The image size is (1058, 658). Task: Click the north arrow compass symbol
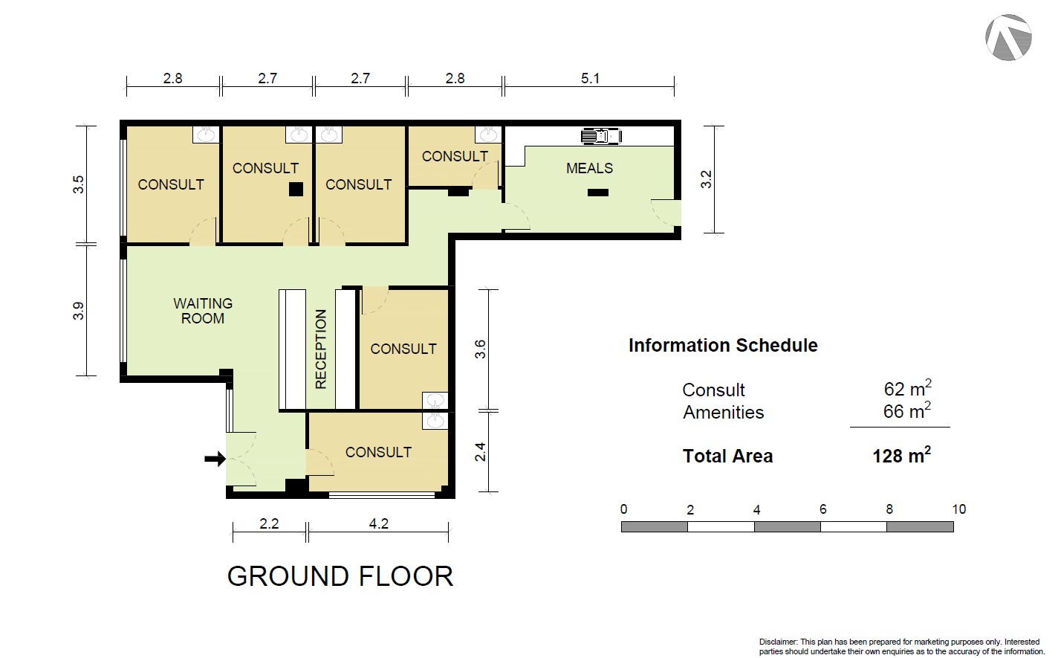click(1008, 37)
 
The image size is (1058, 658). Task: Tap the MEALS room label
click(589, 168)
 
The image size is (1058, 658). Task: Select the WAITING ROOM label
click(203, 311)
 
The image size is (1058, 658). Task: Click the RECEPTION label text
click(321, 349)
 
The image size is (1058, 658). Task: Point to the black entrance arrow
click(215, 458)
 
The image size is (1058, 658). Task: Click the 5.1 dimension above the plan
click(590, 78)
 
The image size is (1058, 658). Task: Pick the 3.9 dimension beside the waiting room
click(79, 311)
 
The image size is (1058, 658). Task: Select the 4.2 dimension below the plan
click(378, 523)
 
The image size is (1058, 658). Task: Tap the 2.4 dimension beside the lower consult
click(480, 451)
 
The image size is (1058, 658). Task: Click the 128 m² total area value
click(902, 455)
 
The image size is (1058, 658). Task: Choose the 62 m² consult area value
click(908, 388)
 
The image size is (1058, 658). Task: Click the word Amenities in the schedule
click(723, 412)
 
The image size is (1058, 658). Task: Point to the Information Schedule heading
click(723, 345)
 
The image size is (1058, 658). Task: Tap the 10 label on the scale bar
click(958, 509)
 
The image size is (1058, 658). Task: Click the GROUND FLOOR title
click(340, 576)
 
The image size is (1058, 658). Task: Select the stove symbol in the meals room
click(601, 136)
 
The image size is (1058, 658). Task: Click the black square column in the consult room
click(296, 189)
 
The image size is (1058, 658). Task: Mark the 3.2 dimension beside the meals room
click(706, 179)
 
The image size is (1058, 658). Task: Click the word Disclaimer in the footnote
click(778, 642)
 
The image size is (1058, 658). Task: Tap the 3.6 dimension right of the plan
click(480, 349)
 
